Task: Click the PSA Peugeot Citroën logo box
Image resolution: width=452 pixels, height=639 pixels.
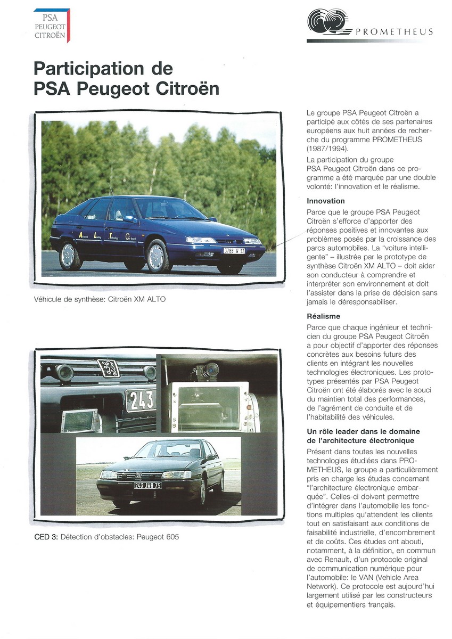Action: click(52, 25)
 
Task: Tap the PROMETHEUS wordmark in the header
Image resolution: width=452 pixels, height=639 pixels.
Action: click(393, 32)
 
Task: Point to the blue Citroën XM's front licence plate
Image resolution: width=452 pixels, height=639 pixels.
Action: click(234, 250)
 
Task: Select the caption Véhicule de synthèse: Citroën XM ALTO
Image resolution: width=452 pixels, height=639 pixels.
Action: click(100, 299)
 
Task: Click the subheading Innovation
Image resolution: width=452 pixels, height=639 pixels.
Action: click(326, 201)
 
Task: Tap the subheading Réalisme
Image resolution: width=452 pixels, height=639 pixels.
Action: click(323, 316)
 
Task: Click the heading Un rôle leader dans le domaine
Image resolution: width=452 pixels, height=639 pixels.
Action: click(363, 431)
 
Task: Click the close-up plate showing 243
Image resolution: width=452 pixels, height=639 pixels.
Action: click(140, 400)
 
